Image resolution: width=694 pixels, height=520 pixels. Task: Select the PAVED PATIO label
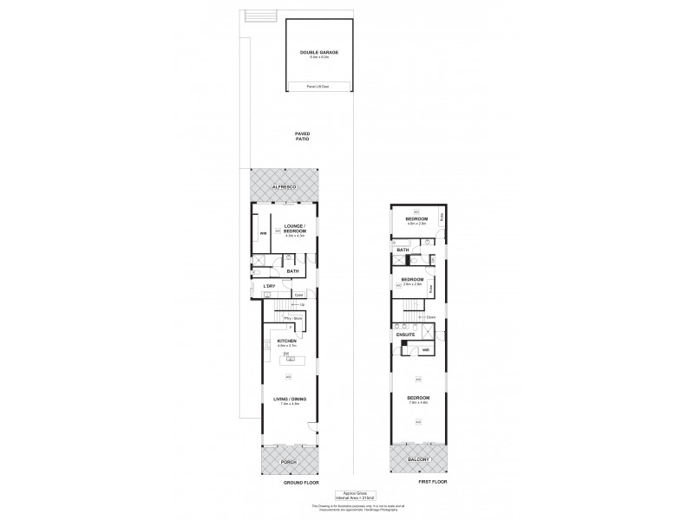coord(302,136)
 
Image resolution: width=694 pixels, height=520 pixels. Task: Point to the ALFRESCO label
coord(284,187)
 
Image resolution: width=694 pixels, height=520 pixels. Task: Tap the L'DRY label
coord(270,287)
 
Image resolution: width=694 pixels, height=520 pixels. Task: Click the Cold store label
coord(298,295)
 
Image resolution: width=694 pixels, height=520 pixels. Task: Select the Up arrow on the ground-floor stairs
coord(301,304)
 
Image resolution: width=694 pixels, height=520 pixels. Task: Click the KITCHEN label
coord(287,342)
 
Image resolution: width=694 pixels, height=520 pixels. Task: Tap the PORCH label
coord(289,463)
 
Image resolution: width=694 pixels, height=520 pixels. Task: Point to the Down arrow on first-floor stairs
coord(427,318)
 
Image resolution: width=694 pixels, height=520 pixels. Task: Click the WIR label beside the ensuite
coord(426,350)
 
